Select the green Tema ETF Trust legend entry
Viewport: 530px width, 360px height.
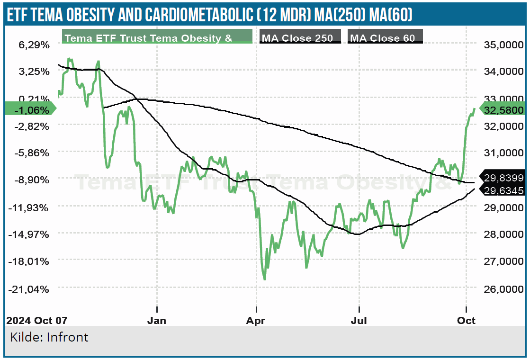(157, 37)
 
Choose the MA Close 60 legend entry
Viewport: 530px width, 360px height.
(385, 37)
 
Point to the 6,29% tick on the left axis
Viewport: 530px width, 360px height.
(34, 45)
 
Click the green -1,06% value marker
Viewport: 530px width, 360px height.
(31, 110)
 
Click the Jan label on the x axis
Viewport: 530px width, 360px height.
(157, 320)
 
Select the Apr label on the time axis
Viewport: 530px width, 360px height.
(256, 320)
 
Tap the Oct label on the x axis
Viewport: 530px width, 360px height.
(467, 320)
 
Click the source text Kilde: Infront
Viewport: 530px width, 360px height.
(49, 337)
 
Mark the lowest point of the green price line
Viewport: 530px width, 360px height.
(264, 279)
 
